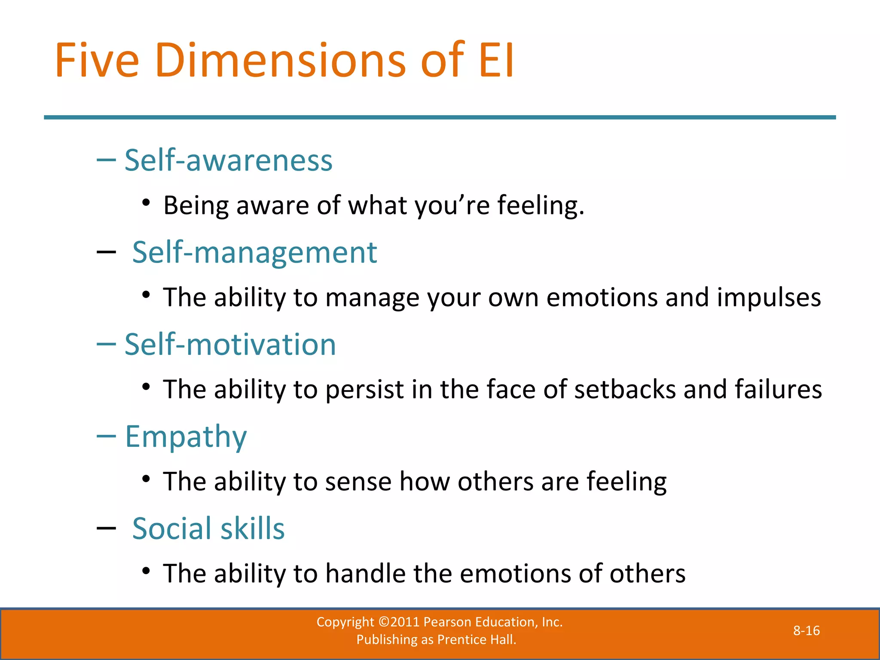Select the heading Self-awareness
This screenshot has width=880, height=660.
[x=229, y=160]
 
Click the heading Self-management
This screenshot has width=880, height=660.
[x=254, y=252]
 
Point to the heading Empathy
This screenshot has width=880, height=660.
[x=186, y=437]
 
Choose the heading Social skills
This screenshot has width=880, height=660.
[x=208, y=529]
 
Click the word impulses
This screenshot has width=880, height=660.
[x=769, y=297]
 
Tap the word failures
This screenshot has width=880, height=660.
[x=778, y=389]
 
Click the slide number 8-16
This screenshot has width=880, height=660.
[x=806, y=631]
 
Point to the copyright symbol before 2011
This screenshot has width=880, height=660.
[x=384, y=622]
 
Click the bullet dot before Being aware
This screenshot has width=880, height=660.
[x=146, y=202]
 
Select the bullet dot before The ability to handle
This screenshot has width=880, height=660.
[x=146, y=571]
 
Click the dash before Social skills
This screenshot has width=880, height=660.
[x=106, y=529]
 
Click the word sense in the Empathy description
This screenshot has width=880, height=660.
[x=358, y=482]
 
